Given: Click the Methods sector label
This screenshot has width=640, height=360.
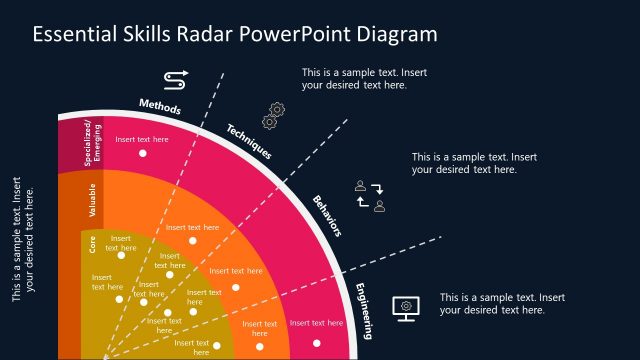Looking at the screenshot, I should pos(161,107).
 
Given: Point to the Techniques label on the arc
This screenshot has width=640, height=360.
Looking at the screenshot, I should pos(249,142).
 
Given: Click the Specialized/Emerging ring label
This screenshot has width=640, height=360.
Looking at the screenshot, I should pos(92,144).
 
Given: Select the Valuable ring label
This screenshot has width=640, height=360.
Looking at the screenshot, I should pos(93,200).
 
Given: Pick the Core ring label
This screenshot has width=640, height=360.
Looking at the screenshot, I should pos(92,247).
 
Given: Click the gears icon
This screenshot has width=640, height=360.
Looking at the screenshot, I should pos(273,115).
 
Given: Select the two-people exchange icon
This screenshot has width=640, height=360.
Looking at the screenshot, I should pos(369,197).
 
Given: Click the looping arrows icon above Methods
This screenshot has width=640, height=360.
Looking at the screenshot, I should pos(175,78).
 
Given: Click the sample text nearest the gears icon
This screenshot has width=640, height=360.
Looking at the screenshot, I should pos(367,78).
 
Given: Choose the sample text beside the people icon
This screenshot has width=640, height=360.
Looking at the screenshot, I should pos(475,163).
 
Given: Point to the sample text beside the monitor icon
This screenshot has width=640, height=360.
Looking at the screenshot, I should pos(503,303).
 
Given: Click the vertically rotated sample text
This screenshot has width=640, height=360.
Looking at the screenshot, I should pos(23,240).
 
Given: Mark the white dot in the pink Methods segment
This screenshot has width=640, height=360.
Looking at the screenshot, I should pos(142,153).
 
